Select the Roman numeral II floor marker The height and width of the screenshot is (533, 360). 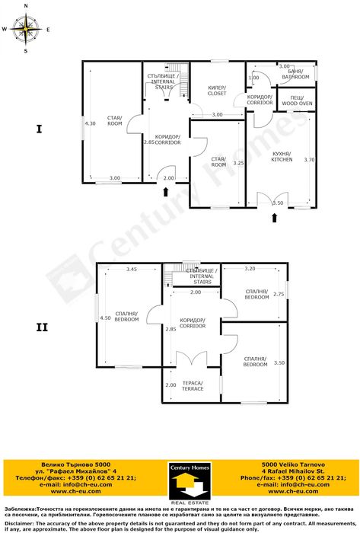(x=42, y=328)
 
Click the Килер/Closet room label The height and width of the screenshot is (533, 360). (x=217, y=90)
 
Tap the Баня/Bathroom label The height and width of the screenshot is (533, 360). (x=296, y=75)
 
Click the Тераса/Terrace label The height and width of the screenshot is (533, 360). (x=192, y=385)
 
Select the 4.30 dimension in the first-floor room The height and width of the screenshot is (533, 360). (x=91, y=123)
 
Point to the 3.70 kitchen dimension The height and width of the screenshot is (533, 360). (x=309, y=160)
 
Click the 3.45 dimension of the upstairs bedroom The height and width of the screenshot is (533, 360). (x=132, y=269)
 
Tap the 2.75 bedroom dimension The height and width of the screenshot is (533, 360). (x=279, y=294)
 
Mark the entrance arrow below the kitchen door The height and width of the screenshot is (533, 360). (x=273, y=219)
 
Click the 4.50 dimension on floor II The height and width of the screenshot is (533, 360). (x=105, y=318)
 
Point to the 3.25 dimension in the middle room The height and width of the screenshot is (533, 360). (x=237, y=163)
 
